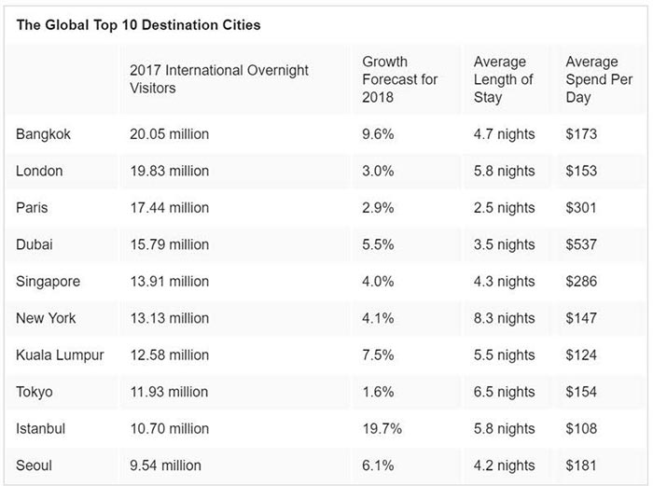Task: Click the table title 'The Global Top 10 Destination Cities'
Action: (138, 25)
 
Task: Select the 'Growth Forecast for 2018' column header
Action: (400, 79)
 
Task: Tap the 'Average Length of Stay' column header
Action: (503, 79)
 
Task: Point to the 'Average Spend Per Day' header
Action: (599, 79)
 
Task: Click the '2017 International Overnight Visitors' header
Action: (219, 78)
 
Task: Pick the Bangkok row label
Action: (43, 134)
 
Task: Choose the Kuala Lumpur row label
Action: (60, 355)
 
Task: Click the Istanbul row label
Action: (41, 428)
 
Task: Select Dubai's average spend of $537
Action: (581, 244)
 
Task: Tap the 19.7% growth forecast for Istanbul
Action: (382, 428)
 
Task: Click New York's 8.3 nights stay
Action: (504, 318)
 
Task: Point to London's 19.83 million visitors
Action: (170, 171)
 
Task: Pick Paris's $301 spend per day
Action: (581, 207)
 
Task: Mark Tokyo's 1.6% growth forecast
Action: (378, 392)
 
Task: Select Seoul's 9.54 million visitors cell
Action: (165, 465)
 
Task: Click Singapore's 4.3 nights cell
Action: (504, 282)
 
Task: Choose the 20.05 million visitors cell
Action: (169, 134)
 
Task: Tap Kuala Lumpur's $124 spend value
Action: (581, 355)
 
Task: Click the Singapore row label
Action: (48, 282)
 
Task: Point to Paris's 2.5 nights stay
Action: (504, 208)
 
